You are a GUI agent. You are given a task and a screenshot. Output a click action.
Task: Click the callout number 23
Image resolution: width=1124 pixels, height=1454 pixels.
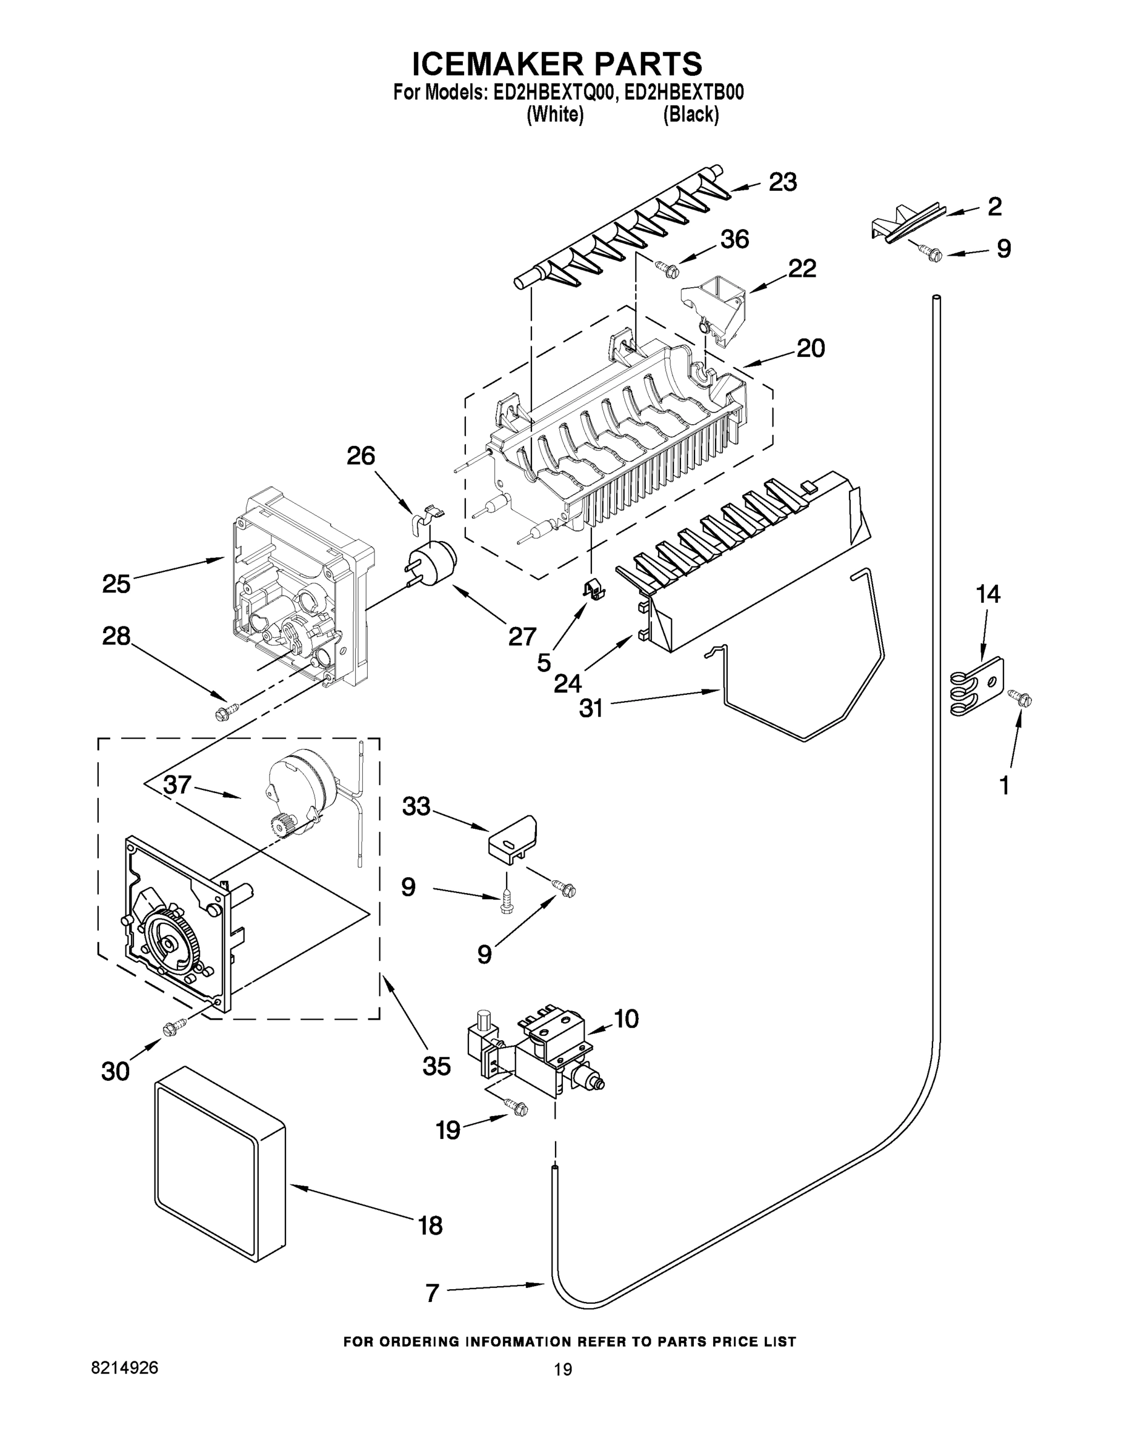(782, 182)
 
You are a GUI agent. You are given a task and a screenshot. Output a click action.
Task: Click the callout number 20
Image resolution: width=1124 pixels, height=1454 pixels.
(810, 348)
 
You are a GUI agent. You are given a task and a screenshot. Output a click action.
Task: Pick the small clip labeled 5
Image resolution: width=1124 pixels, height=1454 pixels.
(593, 588)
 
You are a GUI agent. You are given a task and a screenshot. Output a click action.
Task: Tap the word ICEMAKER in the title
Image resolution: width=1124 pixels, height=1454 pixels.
(492, 64)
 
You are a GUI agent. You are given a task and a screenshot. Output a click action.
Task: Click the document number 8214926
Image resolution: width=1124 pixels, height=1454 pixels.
(125, 1367)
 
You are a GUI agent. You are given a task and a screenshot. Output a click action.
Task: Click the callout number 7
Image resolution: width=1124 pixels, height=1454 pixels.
(432, 1292)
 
